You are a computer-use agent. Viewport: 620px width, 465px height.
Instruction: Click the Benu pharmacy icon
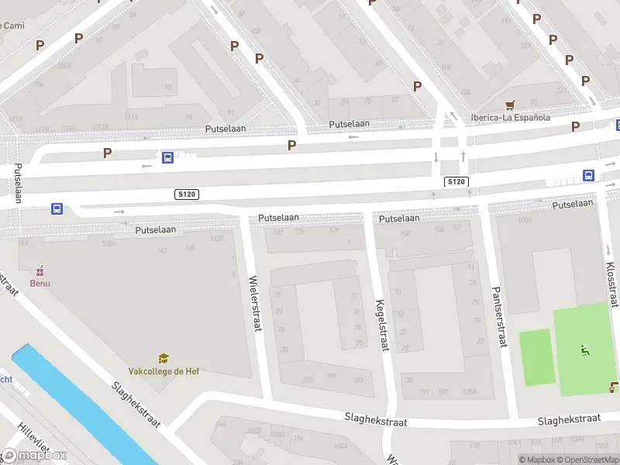tap(40, 270)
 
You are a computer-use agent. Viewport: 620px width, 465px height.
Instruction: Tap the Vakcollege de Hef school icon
tap(164, 358)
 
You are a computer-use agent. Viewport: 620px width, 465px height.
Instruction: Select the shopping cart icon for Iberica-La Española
tap(510, 105)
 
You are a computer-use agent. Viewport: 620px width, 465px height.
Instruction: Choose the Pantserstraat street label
tap(499, 316)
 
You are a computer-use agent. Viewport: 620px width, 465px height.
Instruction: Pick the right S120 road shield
tap(456, 181)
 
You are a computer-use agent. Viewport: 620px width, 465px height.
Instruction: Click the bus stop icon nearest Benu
tap(57, 208)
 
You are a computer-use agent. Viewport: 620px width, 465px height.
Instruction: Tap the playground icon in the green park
tap(584, 350)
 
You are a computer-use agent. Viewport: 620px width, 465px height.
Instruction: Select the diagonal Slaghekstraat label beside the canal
tap(135, 404)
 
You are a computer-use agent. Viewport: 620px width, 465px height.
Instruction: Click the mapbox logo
tap(34, 455)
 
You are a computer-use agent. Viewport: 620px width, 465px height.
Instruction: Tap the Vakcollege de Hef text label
tap(164, 371)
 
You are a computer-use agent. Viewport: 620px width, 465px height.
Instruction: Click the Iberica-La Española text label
tap(510, 118)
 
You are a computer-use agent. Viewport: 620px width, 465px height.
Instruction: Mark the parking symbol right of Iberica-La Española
tap(575, 126)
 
